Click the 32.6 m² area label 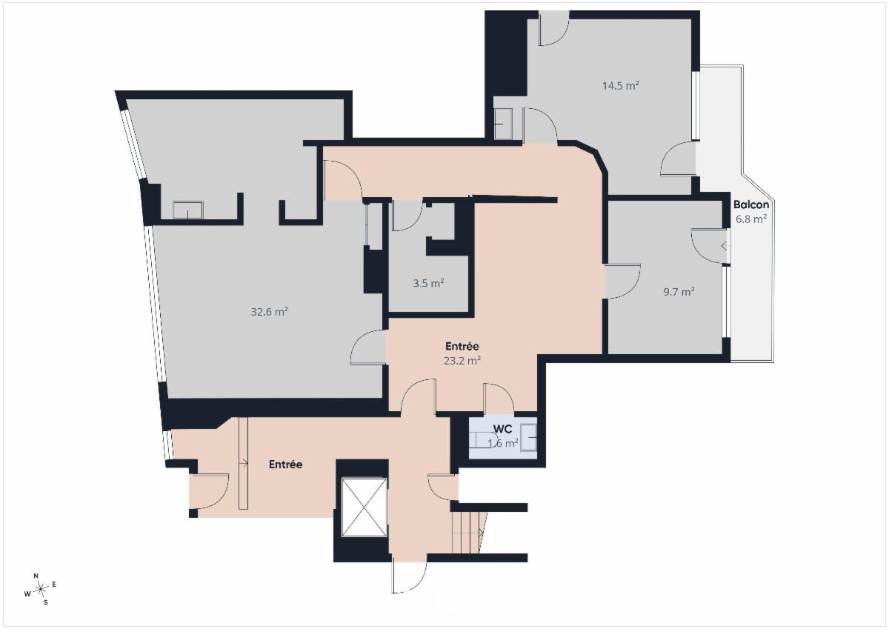(269, 311)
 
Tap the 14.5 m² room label (620, 86)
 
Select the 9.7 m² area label (679, 292)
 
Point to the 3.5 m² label (428, 283)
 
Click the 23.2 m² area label (462, 361)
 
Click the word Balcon (751, 204)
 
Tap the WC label (502, 429)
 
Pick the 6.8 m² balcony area (751, 219)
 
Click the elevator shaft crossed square (364, 507)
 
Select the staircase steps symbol (469, 533)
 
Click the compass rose (40, 589)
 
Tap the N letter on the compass (36, 576)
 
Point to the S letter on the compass (46, 602)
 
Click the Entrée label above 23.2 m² (462, 346)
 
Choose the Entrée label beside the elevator (286, 465)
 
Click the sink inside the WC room (529, 437)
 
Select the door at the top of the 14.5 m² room (554, 27)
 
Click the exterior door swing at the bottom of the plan (410, 578)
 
